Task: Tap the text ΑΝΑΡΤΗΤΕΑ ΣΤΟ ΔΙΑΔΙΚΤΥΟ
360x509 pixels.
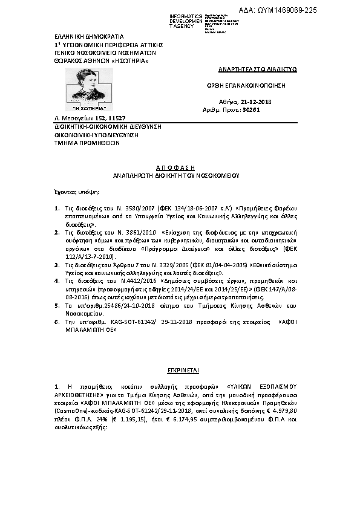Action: (x=249, y=70)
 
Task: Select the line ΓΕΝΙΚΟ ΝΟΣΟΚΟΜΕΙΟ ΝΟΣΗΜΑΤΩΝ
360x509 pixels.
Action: (x=93, y=53)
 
